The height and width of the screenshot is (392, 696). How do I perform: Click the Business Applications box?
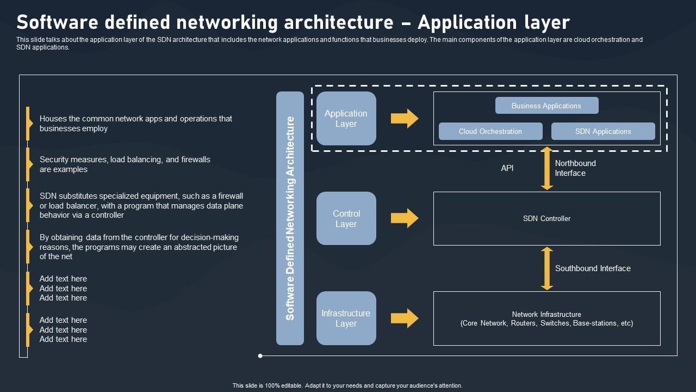546,106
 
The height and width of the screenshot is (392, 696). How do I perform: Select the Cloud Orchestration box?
490,131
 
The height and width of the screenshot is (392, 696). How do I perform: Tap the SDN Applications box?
603,131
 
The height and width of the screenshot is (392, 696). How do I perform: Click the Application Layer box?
346,119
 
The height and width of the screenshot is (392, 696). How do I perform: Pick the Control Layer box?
346,218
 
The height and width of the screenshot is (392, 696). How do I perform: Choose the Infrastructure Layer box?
346,318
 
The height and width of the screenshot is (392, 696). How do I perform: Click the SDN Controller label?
546,218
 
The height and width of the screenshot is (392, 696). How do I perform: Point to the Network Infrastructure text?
546,318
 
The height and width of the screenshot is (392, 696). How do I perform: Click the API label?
507,168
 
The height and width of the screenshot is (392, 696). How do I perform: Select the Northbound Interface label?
575,168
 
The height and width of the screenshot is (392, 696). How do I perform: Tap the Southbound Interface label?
593,268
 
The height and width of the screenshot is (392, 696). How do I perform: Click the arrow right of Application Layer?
405,119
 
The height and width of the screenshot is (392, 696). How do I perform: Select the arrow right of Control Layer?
405,218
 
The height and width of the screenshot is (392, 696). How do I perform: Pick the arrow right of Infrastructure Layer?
405,318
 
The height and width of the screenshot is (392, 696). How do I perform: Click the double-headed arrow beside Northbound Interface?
547,168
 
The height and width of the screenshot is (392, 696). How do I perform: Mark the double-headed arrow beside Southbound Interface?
547,268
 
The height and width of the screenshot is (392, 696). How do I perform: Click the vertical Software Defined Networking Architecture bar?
290,218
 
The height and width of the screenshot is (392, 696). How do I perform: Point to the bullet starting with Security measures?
125,164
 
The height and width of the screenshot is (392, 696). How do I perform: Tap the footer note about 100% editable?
347,385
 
